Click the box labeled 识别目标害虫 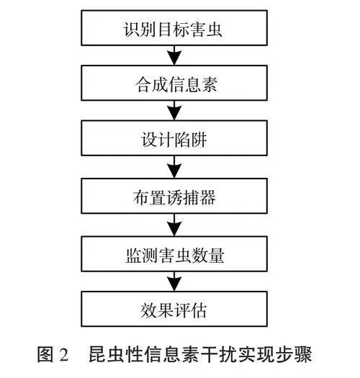174,28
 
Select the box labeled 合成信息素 174,83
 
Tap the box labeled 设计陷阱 174,138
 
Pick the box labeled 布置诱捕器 174,196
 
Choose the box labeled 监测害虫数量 174,254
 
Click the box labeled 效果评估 174,309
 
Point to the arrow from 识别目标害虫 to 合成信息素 174,55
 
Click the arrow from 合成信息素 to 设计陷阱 174,110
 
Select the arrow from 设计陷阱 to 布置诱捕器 174,167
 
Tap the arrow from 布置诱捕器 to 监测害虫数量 174,225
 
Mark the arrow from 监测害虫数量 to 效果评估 174,282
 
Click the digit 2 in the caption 63,354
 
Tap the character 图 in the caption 45,354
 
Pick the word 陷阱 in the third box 191,140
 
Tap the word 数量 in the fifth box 207,256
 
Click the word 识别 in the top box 140,30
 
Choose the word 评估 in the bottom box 191,311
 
